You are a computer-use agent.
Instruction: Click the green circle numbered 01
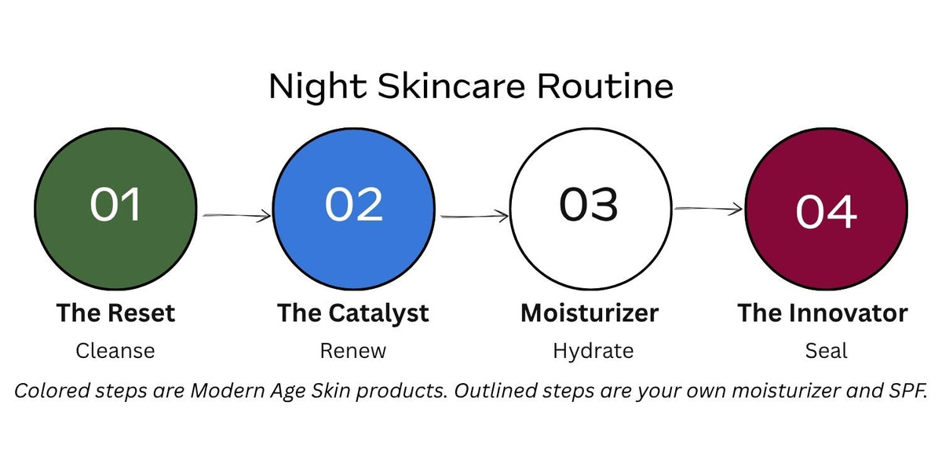pos(115,209)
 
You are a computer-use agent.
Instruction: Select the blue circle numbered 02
pos(354,209)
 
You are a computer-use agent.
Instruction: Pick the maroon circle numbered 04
pos(827,209)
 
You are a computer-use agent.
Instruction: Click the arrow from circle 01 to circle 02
pos(237,216)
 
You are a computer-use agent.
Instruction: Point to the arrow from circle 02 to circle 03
pos(474,216)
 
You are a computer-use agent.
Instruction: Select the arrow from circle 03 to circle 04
pos(709,209)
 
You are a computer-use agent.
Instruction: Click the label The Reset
pos(115,313)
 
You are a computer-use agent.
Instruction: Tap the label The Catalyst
pos(353,314)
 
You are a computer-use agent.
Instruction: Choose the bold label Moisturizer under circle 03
pos(590,313)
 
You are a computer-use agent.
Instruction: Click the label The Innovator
pos(823,313)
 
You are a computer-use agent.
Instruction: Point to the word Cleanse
pos(115,351)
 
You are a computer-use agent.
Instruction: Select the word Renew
pos(352,351)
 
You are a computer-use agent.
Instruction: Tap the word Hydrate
pos(593,351)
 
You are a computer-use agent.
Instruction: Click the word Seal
pos(827,351)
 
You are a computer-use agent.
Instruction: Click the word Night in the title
pos(317,87)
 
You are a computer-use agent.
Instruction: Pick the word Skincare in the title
pos(451,86)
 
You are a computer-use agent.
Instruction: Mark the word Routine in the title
pos(605,86)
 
